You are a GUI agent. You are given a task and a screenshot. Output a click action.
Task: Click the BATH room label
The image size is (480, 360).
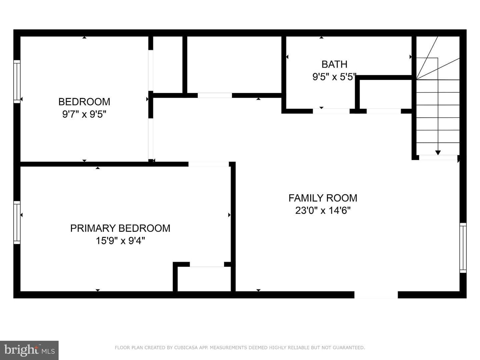point(334,64)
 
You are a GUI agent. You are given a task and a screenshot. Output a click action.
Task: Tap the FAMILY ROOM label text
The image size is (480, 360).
point(323,198)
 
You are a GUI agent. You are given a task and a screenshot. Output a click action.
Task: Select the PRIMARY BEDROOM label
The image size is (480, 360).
point(120,228)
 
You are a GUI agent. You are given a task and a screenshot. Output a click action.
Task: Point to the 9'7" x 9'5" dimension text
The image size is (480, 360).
point(84,114)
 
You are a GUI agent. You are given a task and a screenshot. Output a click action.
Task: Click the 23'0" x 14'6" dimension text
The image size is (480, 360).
point(323,211)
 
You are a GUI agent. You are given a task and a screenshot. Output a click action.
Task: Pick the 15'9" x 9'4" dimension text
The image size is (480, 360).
point(120,241)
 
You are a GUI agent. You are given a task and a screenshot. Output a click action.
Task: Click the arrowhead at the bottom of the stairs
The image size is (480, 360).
point(438,153)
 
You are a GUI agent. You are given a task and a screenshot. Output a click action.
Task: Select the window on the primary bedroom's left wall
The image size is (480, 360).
point(17,223)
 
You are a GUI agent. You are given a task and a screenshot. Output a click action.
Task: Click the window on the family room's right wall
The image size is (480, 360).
point(463,248)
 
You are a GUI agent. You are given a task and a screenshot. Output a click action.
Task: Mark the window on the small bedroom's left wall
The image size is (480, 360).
point(17,82)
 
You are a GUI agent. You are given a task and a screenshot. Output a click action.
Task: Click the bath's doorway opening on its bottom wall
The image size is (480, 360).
point(331,111)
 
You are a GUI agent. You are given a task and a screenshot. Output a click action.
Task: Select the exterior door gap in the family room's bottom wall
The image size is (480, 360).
point(376,295)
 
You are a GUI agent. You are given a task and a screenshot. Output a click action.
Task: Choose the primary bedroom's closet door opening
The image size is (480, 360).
point(207,264)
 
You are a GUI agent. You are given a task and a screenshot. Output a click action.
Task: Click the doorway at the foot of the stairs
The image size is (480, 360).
point(438,157)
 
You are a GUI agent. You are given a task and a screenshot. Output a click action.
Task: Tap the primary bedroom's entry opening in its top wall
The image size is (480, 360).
point(209,164)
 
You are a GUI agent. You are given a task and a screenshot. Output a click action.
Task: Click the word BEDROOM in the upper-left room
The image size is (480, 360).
point(84,102)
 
